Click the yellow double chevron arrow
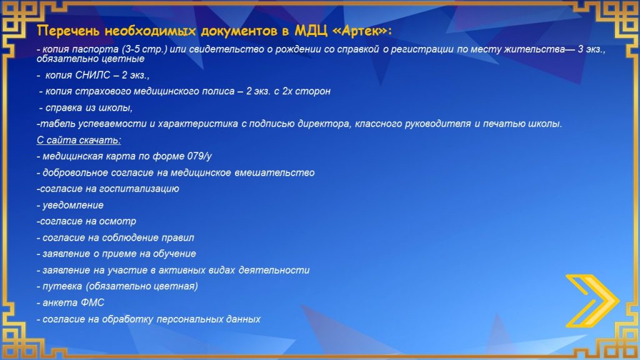coord(592,301)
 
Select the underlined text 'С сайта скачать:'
coord(79,140)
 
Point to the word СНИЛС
coord(92,75)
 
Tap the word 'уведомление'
coord(73,205)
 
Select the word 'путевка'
coord(62,286)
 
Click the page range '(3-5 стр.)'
coord(144,49)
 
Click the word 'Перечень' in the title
coord(69,31)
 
